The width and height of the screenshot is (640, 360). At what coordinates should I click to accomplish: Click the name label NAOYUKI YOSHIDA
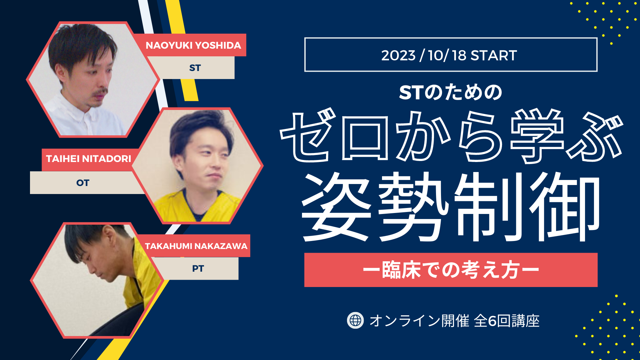193,45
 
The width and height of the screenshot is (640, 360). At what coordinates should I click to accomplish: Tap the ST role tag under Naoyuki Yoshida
195,68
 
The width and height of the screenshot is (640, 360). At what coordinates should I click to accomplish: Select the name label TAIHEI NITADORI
89,159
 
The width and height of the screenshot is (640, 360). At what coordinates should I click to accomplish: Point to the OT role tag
83,183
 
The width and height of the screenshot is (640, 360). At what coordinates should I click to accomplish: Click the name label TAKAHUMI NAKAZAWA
196,246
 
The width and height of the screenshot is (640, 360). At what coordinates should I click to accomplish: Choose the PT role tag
198,268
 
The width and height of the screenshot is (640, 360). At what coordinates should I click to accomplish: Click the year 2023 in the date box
398,55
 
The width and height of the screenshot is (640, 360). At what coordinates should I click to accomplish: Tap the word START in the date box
494,55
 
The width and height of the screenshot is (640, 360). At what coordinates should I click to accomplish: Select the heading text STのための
451,92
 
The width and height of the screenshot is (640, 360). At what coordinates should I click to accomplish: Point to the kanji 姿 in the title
336,207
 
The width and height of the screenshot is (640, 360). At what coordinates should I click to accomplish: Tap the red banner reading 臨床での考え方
451,270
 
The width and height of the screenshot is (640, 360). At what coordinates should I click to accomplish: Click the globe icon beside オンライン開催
355,321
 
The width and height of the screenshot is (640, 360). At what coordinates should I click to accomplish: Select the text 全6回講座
507,321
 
